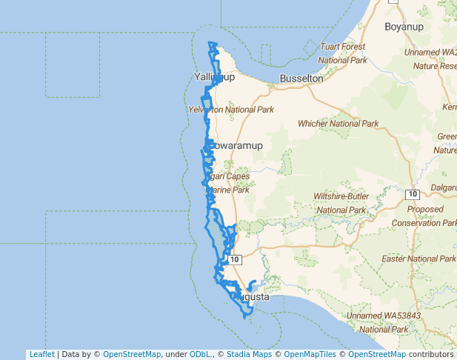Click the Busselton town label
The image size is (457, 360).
coord(301,78)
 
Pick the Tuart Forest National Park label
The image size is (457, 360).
coord(343,53)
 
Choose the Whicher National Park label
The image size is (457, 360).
coord(338,124)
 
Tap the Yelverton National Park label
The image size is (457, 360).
coord(231,110)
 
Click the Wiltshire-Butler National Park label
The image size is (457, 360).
coord(341,203)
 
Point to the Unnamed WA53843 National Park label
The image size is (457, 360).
coord(383,322)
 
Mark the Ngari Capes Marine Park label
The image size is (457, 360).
coord(227,183)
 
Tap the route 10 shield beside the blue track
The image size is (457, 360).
coord(235,260)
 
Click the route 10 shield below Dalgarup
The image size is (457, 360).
coord(413,194)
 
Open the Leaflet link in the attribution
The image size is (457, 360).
coord(41,355)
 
